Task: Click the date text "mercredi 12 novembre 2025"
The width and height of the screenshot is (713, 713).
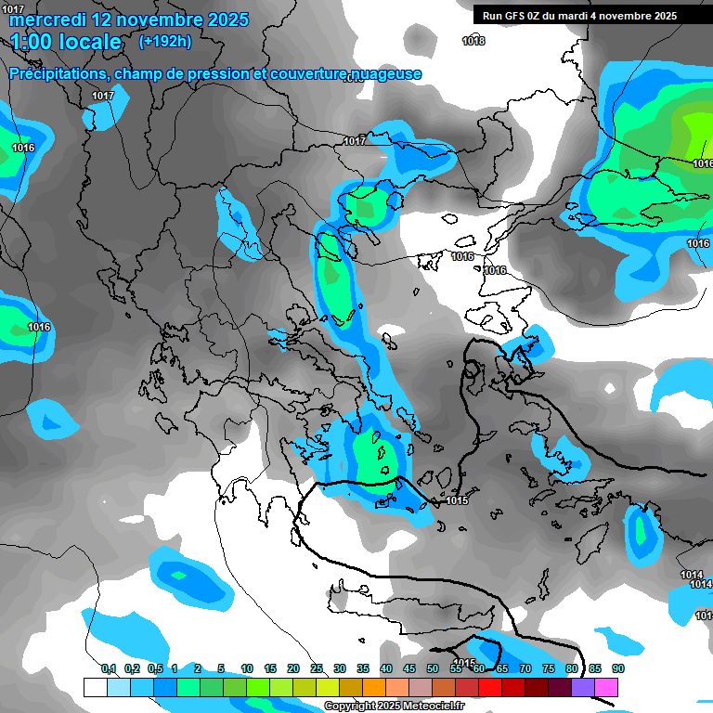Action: click(x=129, y=19)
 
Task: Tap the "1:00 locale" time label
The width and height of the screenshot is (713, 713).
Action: click(x=67, y=42)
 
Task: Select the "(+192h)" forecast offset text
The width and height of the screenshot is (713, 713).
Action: click(x=166, y=42)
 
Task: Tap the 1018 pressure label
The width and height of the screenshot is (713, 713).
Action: click(x=473, y=41)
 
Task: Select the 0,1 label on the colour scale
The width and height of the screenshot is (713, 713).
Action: click(x=108, y=668)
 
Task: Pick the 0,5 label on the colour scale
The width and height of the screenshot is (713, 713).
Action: click(x=155, y=668)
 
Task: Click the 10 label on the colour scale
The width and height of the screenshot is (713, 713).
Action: click(x=247, y=668)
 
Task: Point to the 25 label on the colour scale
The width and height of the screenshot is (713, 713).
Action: click(x=317, y=668)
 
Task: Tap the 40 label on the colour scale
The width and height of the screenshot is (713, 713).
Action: click(x=386, y=668)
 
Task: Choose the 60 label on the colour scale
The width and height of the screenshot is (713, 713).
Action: click(x=479, y=668)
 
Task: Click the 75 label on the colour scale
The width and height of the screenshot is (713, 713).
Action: click(x=549, y=668)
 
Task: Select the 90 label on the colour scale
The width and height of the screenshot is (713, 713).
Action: click(x=617, y=668)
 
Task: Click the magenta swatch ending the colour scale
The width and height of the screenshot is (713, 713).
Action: click(x=606, y=687)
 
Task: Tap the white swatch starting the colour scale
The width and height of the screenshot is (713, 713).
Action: click(x=95, y=687)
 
